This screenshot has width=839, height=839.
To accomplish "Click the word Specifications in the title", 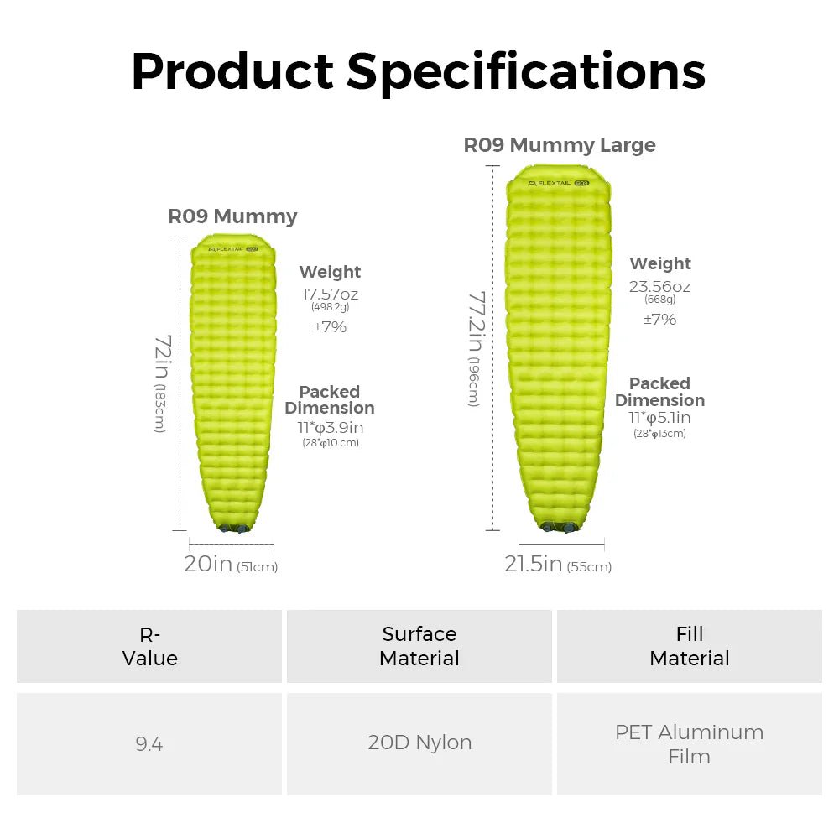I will [526, 72].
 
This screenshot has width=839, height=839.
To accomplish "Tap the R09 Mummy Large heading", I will [560, 145].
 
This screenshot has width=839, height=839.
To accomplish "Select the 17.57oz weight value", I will [330, 294].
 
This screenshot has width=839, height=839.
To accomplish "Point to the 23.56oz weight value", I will [659, 286].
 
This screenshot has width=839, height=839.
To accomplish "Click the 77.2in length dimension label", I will [477, 336].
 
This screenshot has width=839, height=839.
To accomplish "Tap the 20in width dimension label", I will [208, 565].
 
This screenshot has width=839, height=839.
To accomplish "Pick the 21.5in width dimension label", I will [533, 565].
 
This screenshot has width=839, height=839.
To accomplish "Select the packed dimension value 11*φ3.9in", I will [330, 428].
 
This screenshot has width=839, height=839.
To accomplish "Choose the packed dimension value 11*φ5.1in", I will [659, 418].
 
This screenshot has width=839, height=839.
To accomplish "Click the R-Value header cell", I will [149, 646].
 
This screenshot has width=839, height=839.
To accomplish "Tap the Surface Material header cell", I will [419, 646].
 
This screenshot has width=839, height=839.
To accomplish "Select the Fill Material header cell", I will [690, 646].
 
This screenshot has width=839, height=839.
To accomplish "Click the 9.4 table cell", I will [149, 743].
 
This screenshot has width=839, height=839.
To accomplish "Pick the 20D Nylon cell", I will [419, 743].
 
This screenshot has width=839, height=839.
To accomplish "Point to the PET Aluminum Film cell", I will [690, 743].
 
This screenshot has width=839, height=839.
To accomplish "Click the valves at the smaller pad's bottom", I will [232, 529].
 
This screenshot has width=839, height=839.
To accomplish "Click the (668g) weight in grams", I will [659, 300].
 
